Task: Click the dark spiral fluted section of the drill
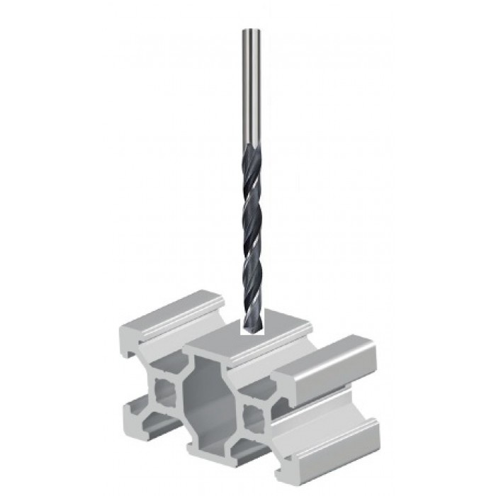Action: (x=252, y=227)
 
